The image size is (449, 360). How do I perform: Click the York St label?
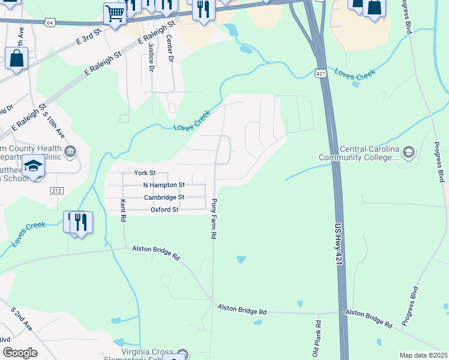(145, 173)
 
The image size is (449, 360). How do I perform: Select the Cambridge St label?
(164, 197)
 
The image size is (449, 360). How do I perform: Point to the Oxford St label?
(164, 210)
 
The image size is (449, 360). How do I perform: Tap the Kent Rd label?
(123, 211)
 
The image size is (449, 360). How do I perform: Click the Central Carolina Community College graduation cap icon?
(409, 151)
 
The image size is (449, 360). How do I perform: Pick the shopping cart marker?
(115, 12)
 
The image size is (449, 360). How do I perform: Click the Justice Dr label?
(151, 61)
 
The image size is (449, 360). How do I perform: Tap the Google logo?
(20, 353)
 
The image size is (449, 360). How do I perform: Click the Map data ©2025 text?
(423, 355)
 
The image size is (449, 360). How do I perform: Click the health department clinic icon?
(71, 151)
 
